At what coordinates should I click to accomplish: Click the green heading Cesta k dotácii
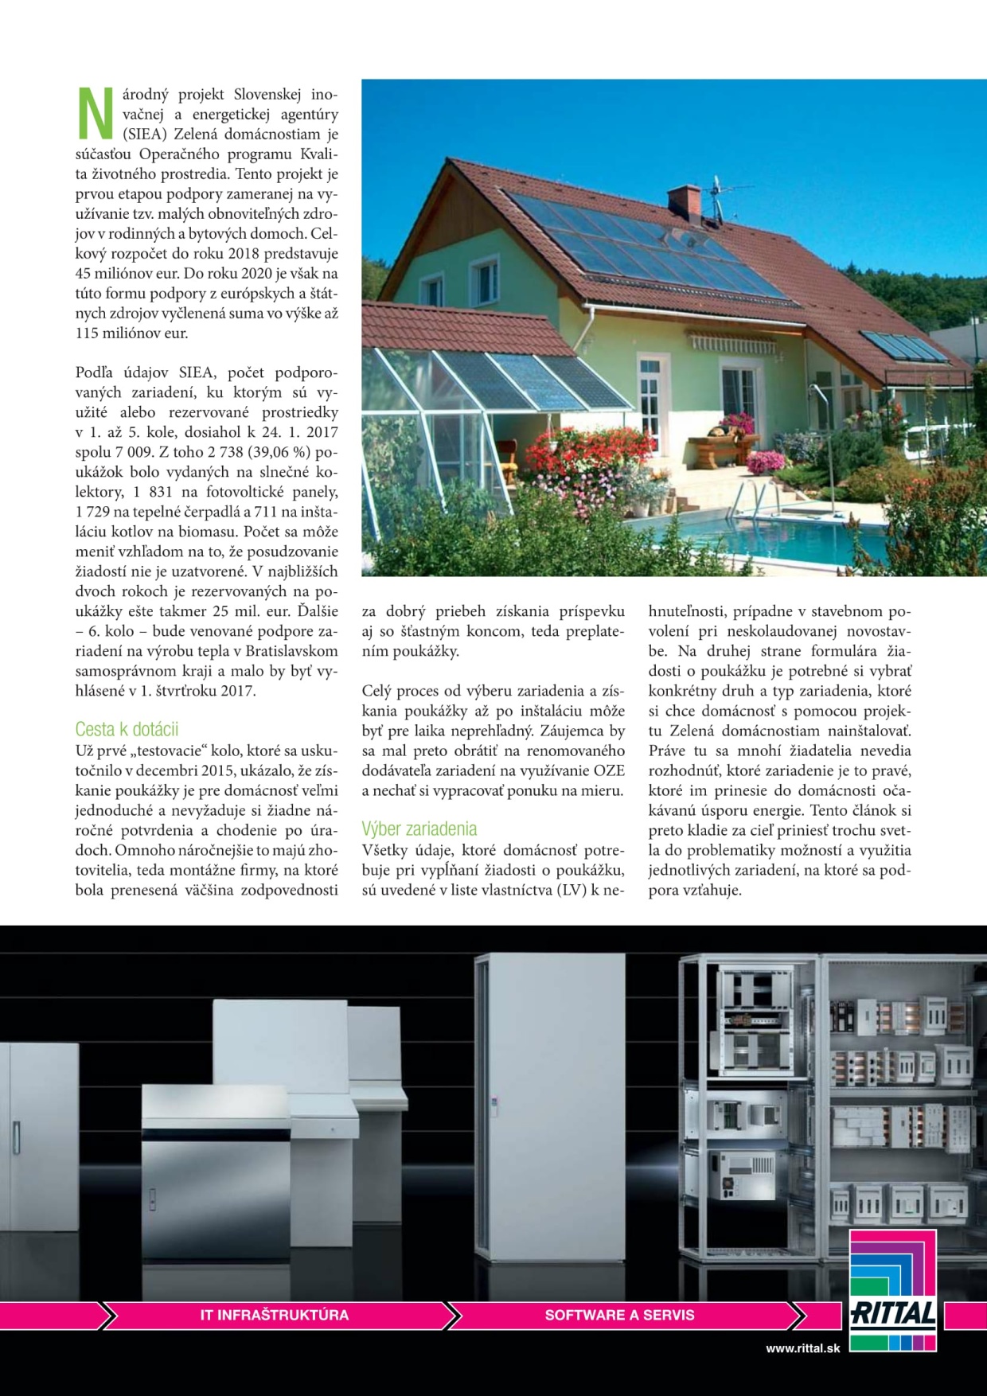(x=127, y=729)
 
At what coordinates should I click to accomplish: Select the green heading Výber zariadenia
(x=419, y=829)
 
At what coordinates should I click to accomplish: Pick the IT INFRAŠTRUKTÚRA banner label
(x=274, y=1315)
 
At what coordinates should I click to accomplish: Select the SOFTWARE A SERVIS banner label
(x=619, y=1315)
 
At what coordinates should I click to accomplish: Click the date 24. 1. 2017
(x=298, y=432)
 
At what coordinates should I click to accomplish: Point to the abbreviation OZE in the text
(x=608, y=770)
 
